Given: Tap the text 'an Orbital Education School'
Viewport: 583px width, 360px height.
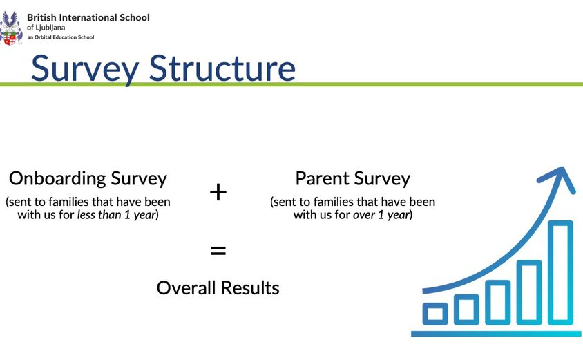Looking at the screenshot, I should tap(61, 37).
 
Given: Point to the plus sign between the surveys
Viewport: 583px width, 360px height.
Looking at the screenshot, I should tap(218, 192).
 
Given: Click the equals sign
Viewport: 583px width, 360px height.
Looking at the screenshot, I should tap(218, 250).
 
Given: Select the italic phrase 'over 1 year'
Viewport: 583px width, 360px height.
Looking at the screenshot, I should tap(381, 215).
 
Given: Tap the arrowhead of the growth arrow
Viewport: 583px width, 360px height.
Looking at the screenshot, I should tap(562, 178).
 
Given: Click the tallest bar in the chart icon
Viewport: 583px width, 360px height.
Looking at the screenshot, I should tap(560, 272).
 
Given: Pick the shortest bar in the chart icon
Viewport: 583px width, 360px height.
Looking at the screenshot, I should tap(435, 314).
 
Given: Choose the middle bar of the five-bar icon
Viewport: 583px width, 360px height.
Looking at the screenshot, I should tap(497, 302).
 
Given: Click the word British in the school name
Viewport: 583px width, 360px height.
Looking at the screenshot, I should tap(43, 17).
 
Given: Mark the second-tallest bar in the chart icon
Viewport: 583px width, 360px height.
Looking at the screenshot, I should tap(529, 292).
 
